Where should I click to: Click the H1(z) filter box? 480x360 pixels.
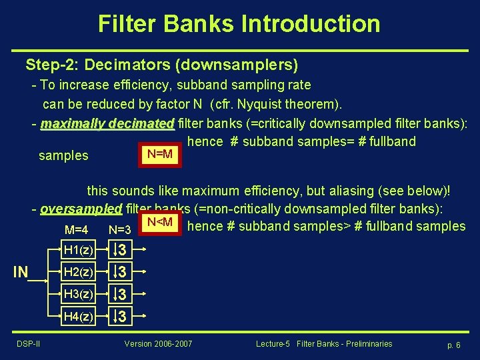(x=77, y=251)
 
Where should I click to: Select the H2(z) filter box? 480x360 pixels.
(x=77, y=272)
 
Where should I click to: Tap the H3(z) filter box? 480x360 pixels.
(x=77, y=293)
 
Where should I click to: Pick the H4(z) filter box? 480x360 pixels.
(x=77, y=315)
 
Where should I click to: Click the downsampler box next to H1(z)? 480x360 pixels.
(x=119, y=251)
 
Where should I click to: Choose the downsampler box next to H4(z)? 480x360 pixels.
(x=119, y=315)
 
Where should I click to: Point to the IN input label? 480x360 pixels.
(x=21, y=272)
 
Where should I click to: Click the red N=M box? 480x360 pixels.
(x=159, y=155)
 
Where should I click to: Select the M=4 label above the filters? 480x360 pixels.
(x=77, y=230)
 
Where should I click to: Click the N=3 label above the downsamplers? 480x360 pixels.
(x=119, y=230)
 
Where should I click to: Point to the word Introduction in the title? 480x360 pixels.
(x=311, y=24)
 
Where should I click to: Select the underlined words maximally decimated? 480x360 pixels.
(x=107, y=124)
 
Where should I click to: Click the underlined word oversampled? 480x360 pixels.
(x=81, y=209)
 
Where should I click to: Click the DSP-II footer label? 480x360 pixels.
(x=29, y=344)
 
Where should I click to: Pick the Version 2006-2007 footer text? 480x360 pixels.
(x=158, y=344)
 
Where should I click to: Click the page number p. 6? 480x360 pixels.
(x=453, y=345)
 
